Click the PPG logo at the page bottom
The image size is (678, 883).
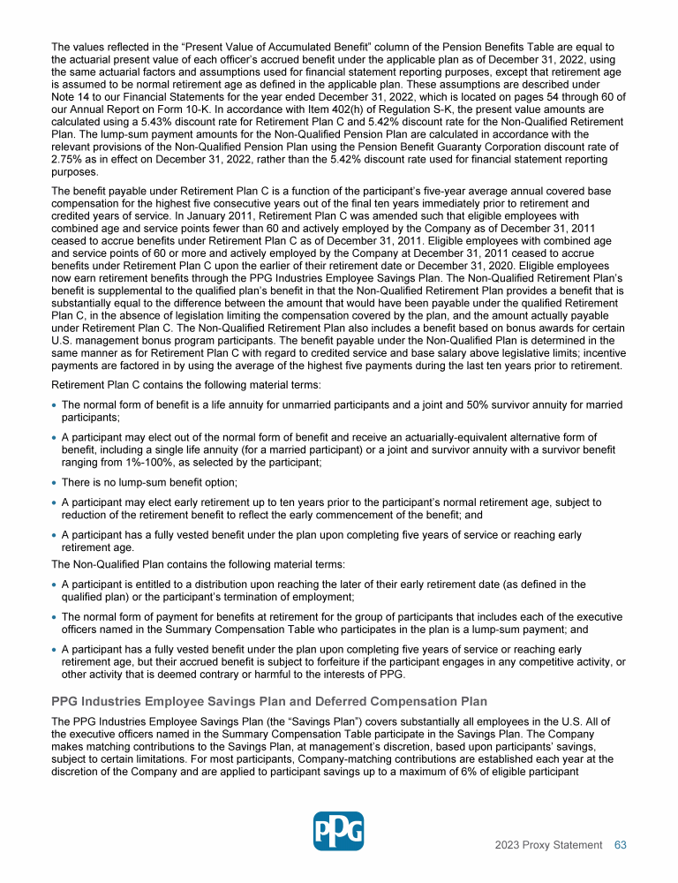pyautogui.click(x=339, y=831)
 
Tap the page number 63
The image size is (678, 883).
pyautogui.click(x=621, y=845)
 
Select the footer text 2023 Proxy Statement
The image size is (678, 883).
pyautogui.click(x=548, y=845)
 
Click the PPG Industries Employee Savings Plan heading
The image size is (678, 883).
pyautogui.click(x=269, y=701)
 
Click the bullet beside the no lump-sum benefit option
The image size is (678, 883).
pyautogui.click(x=55, y=482)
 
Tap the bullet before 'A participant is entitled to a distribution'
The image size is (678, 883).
pyautogui.click(x=55, y=584)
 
